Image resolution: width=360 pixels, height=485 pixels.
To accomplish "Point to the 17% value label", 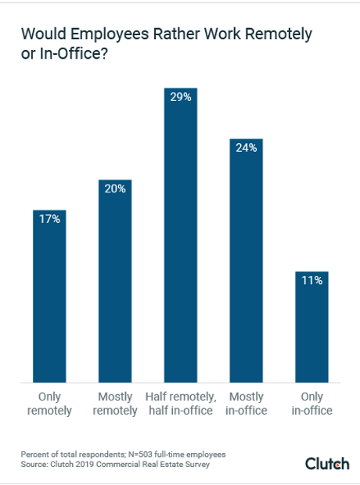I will tap(49, 220).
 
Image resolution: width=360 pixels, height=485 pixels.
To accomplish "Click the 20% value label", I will tap(115, 190).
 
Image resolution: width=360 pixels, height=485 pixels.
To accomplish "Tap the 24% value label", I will tap(247, 149).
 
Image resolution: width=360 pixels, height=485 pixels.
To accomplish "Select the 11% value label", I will tap(312, 281).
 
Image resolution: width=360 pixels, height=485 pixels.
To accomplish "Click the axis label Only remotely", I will tap(49, 403).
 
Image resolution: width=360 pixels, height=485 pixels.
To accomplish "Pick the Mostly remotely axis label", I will tap(115, 403).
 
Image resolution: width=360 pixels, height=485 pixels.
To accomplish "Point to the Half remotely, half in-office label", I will tap(181, 403).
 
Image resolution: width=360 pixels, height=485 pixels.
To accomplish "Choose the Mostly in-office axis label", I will tap(247, 403).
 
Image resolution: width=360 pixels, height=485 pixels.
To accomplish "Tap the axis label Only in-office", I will tap(312, 403).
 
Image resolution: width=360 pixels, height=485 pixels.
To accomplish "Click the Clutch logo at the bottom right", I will tap(327, 464).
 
